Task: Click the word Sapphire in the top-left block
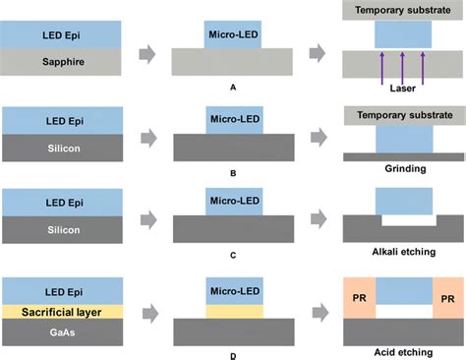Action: click(x=60, y=60)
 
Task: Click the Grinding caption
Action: click(x=400, y=169)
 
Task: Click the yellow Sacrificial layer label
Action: click(x=60, y=312)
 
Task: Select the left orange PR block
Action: click(x=358, y=297)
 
